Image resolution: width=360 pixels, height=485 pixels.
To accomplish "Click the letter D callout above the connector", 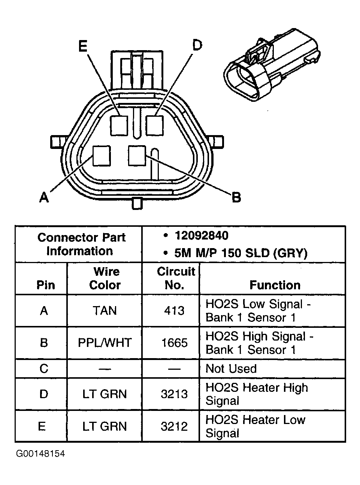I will point(197,46).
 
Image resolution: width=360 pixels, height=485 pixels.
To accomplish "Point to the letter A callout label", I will point(44,197).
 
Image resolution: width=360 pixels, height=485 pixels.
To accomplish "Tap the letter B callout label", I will point(236,197).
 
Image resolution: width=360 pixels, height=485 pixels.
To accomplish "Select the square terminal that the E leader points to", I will point(120,125).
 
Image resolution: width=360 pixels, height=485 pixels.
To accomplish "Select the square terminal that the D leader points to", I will point(155,125).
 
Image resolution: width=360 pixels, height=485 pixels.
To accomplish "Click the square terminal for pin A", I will point(102,156).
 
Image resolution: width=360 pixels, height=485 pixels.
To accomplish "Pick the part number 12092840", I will point(201,236).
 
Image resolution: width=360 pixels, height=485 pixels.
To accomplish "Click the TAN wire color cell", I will point(105,311).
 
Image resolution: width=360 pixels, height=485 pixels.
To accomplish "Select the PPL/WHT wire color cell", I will point(105,343).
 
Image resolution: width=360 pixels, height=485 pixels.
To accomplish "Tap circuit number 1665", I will point(174,343).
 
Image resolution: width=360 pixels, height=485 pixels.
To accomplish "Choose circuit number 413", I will point(174,311).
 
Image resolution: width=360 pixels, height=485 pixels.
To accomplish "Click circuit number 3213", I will point(174,394).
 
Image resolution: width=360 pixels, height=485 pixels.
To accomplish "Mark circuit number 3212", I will point(174,426).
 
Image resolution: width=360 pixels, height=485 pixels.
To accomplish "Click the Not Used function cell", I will point(231,369).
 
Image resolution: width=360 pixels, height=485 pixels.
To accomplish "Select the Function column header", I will point(275,285).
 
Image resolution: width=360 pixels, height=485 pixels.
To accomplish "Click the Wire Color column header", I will point(105,278).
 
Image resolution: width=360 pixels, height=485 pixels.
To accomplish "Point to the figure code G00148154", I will point(40,454).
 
